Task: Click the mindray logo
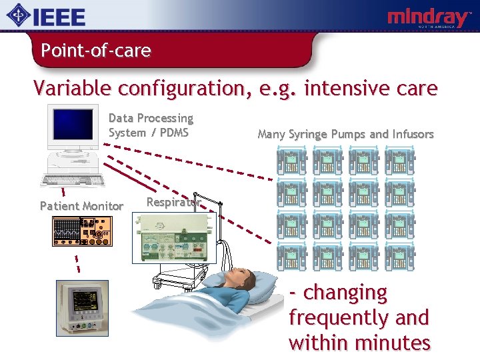pyautogui.click(x=429, y=17)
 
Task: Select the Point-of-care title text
pyautogui.click(x=95, y=50)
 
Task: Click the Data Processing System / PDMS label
pyautogui.click(x=151, y=125)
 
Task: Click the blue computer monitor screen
pyautogui.click(x=73, y=125)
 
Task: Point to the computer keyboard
pyautogui.click(x=74, y=180)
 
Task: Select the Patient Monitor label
pyautogui.click(x=81, y=206)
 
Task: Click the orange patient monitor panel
pyautogui.click(x=82, y=230)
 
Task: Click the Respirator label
pyautogui.click(x=173, y=202)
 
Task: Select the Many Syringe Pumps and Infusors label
pyautogui.click(x=345, y=134)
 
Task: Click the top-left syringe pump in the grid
pyautogui.click(x=291, y=161)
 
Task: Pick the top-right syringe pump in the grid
pyautogui.click(x=399, y=161)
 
